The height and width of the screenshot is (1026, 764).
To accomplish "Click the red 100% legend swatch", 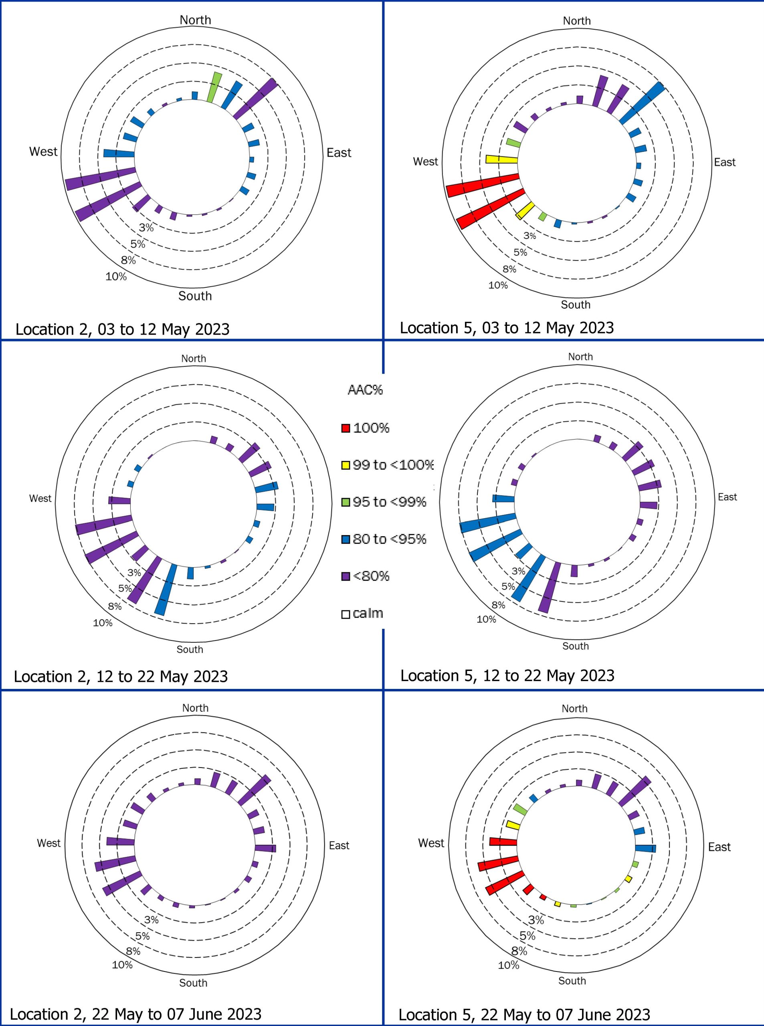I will tap(346, 428).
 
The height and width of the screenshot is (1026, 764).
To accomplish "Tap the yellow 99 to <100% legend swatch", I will tap(346, 465).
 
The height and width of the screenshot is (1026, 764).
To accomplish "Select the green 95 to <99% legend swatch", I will tap(346, 502).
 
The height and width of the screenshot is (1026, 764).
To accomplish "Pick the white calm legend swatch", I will tap(346, 614).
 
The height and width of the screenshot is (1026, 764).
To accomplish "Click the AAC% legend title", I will tap(365, 390).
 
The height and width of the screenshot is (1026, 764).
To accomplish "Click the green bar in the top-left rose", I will tap(214, 87).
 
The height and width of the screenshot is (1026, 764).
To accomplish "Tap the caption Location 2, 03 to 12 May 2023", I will tap(123, 329).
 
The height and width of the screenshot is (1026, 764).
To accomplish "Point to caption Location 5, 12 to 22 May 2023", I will tap(507, 676).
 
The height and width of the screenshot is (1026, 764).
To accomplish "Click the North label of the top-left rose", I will tap(195, 20).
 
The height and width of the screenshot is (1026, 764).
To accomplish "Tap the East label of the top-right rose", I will tap(724, 162).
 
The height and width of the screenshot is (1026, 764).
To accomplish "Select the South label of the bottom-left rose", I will tap(193, 983).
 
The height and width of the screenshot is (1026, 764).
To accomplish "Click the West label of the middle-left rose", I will tap(40, 499).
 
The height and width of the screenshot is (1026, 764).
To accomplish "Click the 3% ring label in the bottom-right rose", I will tap(536, 920).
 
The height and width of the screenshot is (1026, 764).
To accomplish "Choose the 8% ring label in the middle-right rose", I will tap(498, 605).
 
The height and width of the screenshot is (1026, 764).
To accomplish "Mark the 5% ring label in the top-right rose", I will tap(520, 252).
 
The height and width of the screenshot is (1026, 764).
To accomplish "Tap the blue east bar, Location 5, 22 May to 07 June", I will tap(645, 848).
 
